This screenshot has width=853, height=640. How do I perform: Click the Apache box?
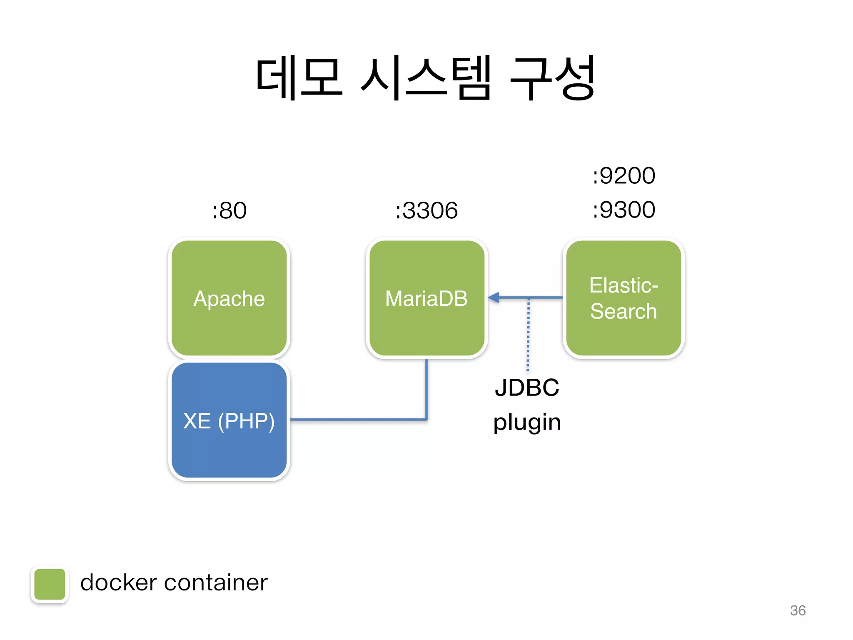pos(229,298)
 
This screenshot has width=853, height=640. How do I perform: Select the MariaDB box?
pos(426,298)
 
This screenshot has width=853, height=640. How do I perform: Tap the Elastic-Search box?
pos(624,298)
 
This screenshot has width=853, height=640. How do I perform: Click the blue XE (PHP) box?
pos(229,420)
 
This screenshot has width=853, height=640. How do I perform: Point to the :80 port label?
pos(229,210)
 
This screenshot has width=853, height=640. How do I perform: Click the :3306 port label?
pos(426,210)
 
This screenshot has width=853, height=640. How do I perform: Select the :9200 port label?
pos(624,175)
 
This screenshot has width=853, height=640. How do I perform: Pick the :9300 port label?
pos(624,210)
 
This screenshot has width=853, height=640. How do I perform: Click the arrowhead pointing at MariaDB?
pos(494,297)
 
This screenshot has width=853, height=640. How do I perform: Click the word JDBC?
pos(527,387)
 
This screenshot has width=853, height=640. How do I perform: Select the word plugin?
pos(527,422)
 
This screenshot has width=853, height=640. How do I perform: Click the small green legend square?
pos(50,584)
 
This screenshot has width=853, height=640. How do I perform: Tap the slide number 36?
pos(798,610)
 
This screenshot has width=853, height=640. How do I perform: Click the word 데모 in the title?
pos(299,78)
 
